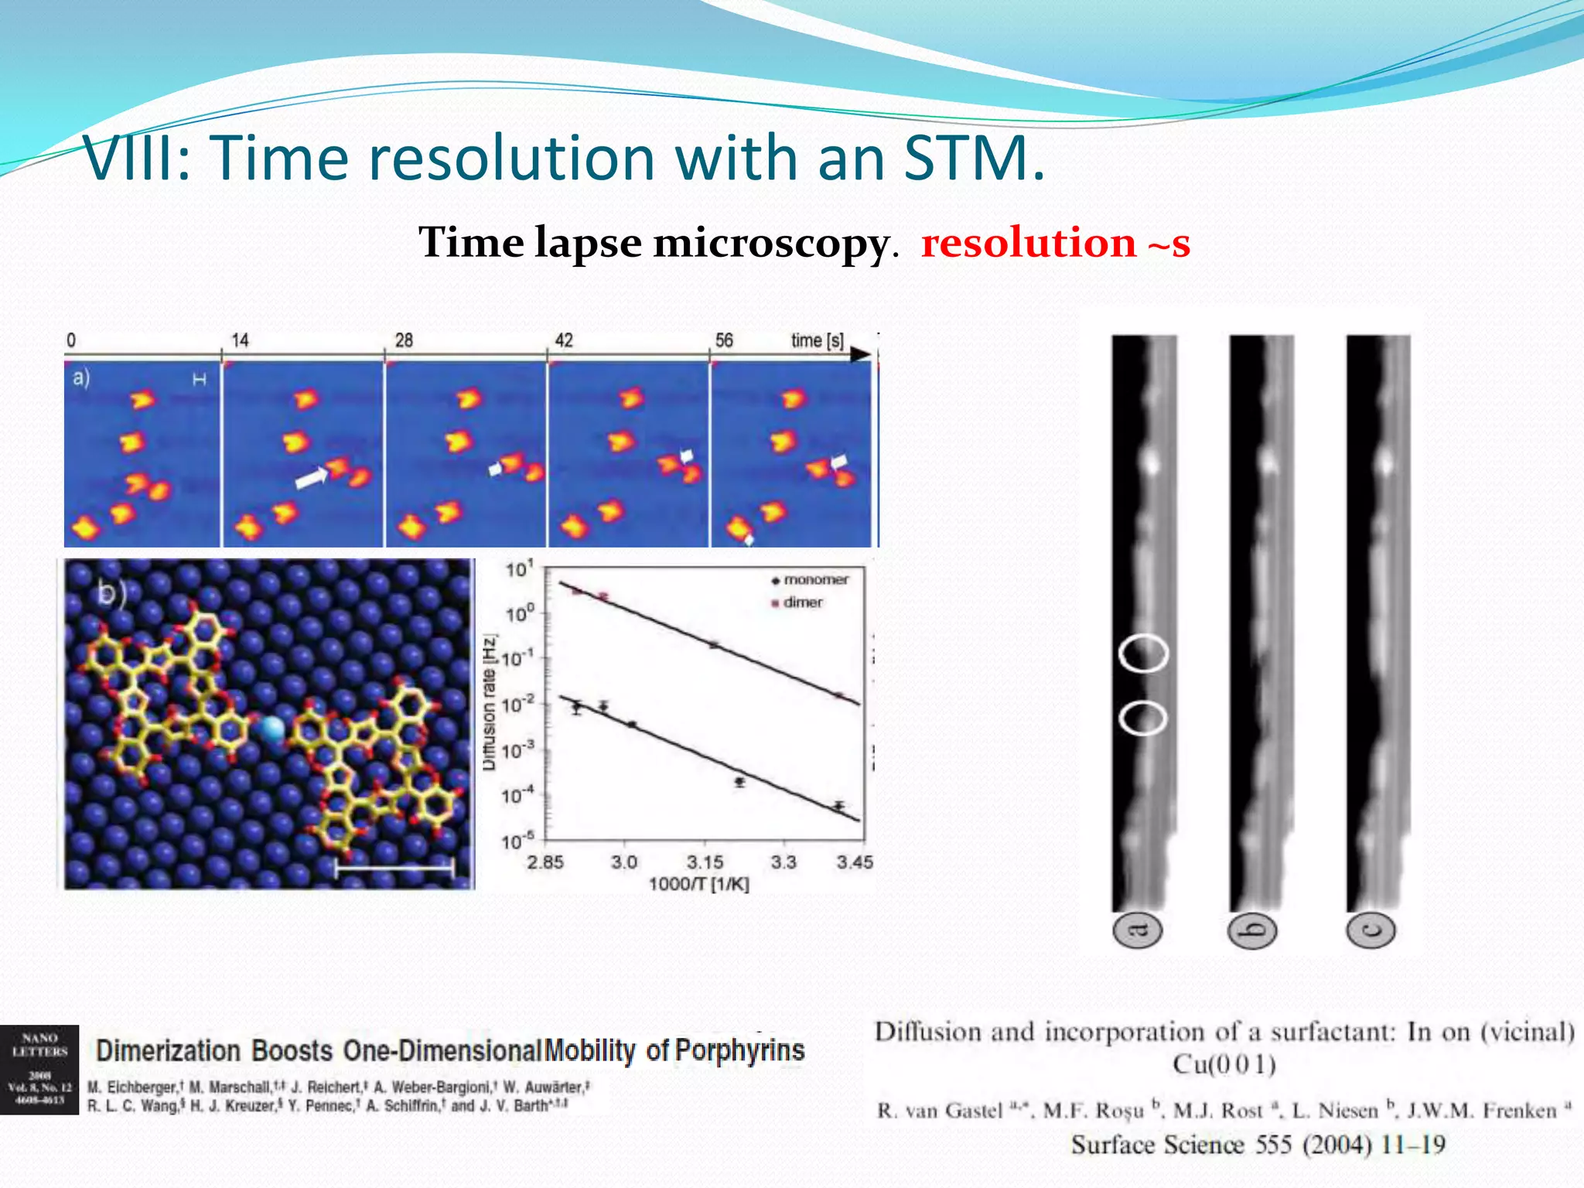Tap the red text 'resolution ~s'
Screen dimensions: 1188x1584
tap(1055, 243)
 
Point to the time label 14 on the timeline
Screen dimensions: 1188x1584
tap(240, 340)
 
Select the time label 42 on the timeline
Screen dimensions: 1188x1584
tap(564, 340)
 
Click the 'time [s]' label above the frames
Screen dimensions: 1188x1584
tap(817, 340)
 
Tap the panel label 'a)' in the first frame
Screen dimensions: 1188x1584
tap(81, 378)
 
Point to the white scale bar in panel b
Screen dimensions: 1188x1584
tap(394, 868)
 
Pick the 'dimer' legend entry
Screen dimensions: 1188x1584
tap(802, 603)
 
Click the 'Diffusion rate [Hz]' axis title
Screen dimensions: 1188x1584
tap(489, 702)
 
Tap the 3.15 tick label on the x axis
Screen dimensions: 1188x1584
tap(705, 862)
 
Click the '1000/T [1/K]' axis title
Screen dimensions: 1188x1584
tap(698, 884)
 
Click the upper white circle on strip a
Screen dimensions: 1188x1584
tap(1143, 654)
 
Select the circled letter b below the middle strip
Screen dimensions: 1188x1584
tap(1252, 930)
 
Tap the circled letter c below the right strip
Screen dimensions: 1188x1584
tap(1370, 930)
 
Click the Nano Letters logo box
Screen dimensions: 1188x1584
tap(39, 1070)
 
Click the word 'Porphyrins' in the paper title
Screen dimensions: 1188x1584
tap(739, 1050)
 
